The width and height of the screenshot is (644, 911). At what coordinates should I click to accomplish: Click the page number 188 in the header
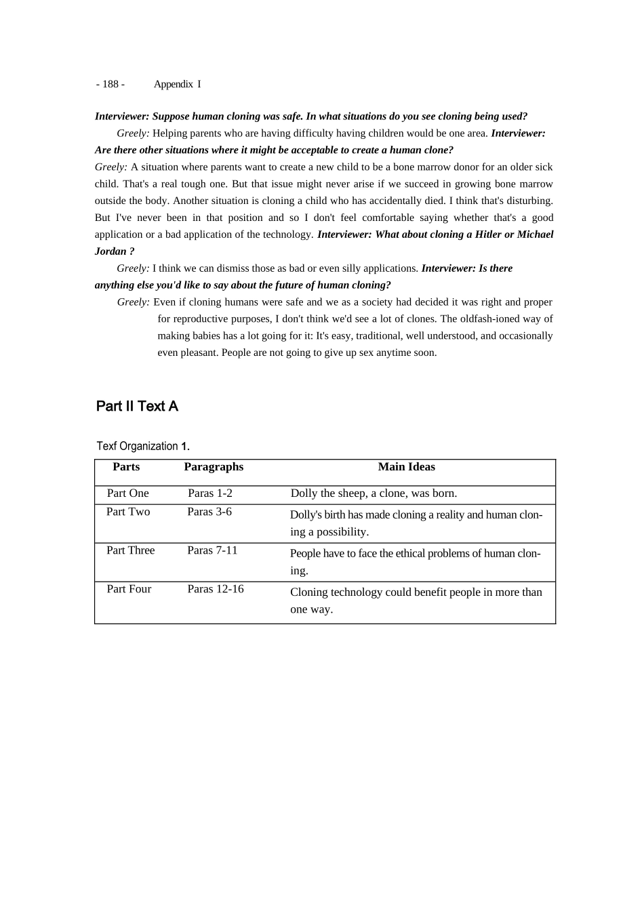pos(110,84)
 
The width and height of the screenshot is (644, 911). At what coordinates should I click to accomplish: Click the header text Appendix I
pos(177,84)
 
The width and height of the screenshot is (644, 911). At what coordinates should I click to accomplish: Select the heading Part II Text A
pos(137,406)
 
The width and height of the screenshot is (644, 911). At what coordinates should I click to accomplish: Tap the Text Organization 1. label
pos(143,446)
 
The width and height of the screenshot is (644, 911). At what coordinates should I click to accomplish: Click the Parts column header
pos(126,467)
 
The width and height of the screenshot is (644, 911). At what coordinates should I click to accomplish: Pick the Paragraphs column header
pos(214,467)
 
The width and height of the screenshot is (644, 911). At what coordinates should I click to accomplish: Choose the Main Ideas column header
pos(406,467)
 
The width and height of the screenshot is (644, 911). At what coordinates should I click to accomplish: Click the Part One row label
pos(127,493)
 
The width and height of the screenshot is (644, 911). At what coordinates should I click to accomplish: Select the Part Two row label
pos(128,512)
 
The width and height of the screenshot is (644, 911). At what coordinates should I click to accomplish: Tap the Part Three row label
pos(130,550)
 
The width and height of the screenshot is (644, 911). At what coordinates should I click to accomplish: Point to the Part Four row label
pos(129,589)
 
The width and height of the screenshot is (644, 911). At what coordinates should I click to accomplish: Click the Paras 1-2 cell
pos(210,493)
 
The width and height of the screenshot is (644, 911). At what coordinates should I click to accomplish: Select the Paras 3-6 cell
pos(209,512)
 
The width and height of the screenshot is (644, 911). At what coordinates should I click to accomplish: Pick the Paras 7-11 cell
pos(212,550)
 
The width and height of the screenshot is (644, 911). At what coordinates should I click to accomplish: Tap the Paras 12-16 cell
pos(216,589)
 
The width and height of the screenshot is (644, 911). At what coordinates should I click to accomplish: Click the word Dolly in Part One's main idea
pos(304,493)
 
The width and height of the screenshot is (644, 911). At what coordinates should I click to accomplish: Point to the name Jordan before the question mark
pos(110,251)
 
